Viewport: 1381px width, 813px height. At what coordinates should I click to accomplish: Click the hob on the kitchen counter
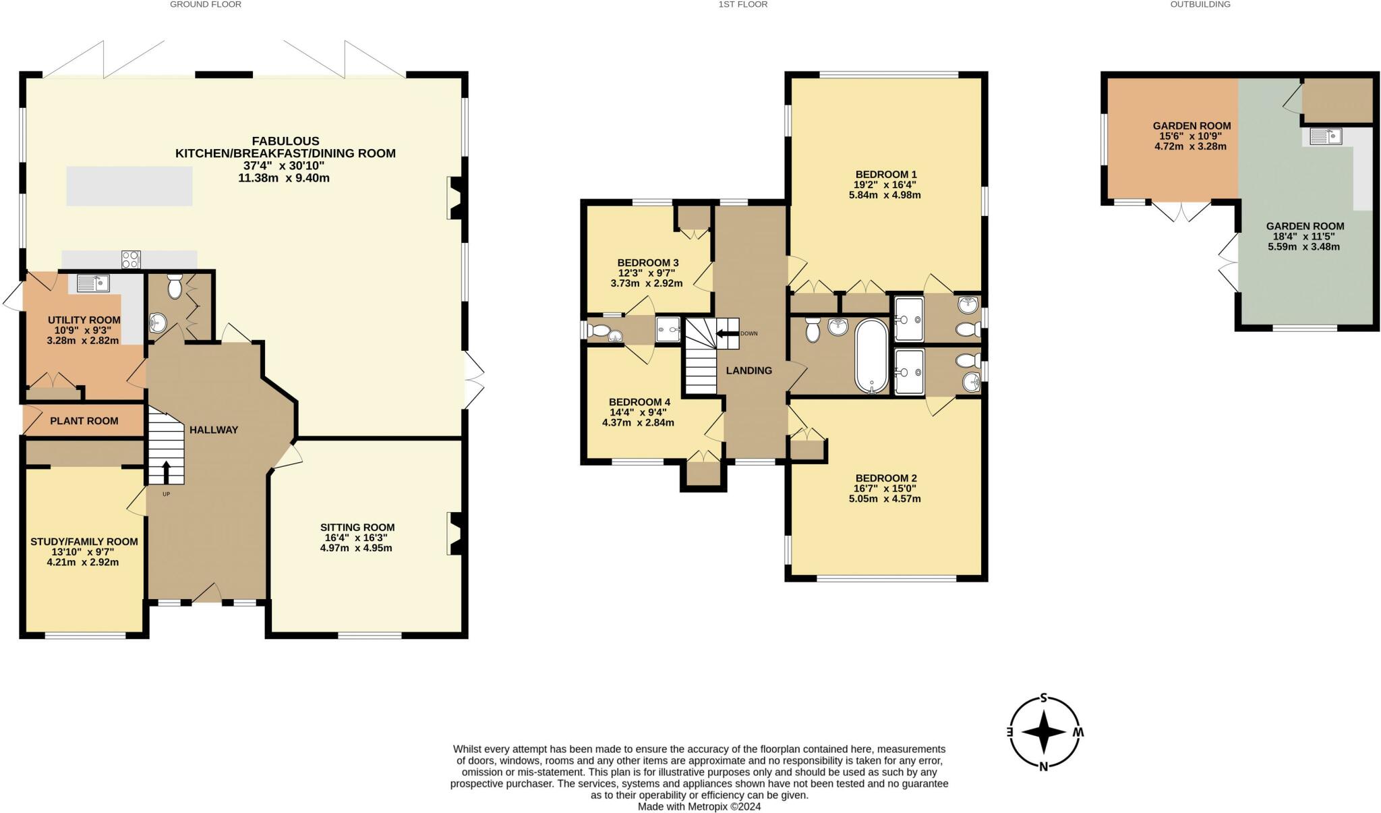pyautogui.click(x=131, y=259)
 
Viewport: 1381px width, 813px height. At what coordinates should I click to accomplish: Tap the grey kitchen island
pyautogui.click(x=129, y=186)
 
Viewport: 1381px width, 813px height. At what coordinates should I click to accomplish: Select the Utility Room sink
pyautogui.click(x=93, y=283)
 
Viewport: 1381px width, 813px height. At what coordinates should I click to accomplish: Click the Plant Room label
pyautogui.click(x=84, y=421)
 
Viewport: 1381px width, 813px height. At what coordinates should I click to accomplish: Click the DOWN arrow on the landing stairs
pyautogui.click(x=727, y=333)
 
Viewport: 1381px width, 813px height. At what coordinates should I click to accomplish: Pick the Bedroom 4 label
pyautogui.click(x=639, y=401)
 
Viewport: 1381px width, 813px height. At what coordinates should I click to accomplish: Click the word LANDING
pyautogui.click(x=748, y=370)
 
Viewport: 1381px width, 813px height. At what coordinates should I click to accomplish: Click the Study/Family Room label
pyautogui.click(x=84, y=541)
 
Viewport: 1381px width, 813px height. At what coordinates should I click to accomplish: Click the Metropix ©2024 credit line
pyautogui.click(x=699, y=806)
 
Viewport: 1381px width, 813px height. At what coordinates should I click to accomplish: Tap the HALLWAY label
pyautogui.click(x=213, y=430)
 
